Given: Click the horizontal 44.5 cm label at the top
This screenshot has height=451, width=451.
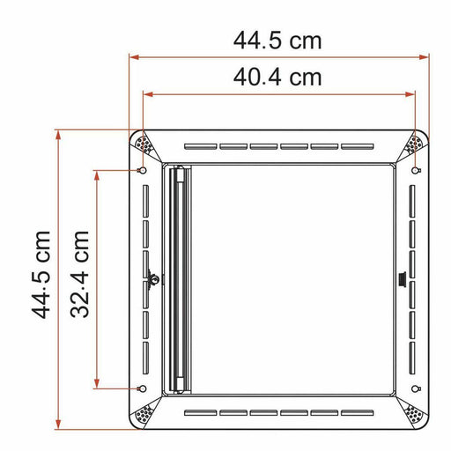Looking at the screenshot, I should [x=277, y=41].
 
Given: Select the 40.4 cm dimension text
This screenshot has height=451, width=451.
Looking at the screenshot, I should [x=277, y=77].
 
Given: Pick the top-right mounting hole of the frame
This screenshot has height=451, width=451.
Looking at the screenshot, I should [x=414, y=169].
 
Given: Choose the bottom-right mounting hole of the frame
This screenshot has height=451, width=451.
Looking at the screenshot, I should [x=414, y=388].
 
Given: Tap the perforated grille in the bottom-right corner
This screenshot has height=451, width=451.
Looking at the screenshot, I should [x=411, y=411].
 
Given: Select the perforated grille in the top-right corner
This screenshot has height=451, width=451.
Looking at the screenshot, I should [x=411, y=144].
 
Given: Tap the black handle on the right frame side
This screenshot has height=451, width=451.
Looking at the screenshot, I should [x=401, y=280].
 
